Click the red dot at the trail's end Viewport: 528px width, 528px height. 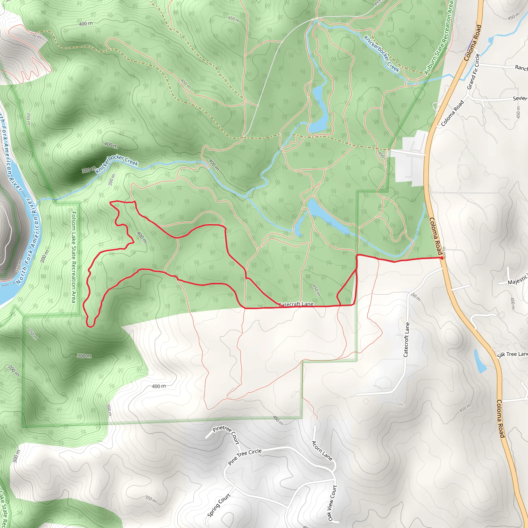(x=442, y=258)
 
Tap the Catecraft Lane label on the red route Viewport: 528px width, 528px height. (x=296, y=304)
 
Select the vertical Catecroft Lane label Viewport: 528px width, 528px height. (x=407, y=340)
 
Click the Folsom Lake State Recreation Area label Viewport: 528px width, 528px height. (x=74, y=257)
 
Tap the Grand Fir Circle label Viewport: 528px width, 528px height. (x=474, y=72)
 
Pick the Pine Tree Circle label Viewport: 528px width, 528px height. (x=245, y=457)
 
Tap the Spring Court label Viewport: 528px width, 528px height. (x=219, y=505)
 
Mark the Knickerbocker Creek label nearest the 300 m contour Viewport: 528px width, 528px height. (x=117, y=164)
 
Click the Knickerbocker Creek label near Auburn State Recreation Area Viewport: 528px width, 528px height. (x=382, y=54)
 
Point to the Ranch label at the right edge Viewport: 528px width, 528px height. (x=521, y=68)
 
